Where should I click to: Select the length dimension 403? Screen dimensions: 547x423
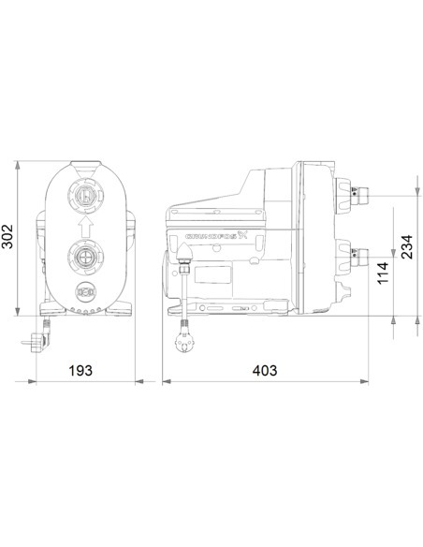coord(265,371)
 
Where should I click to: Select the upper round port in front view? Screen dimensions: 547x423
coord(85,197)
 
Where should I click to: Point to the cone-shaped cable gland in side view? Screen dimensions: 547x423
coord(186,272)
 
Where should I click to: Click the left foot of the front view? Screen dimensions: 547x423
coord(49,309)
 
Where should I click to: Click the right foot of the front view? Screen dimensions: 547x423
coord(122,309)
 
